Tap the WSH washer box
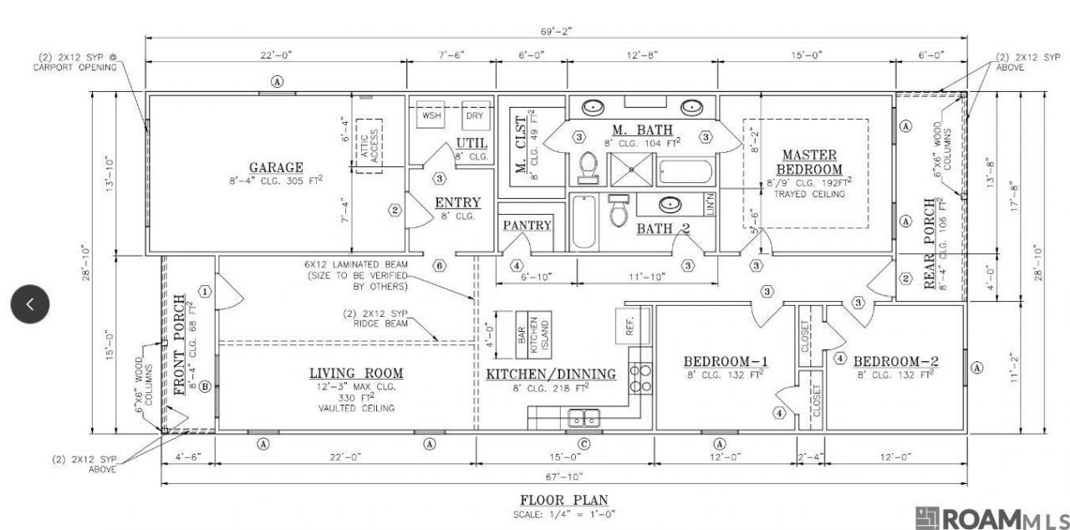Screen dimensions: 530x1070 coord(431,115)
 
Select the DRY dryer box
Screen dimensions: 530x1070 coord(475,115)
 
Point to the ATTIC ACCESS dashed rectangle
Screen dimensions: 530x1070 coord(369,145)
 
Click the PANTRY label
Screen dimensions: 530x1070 coord(527,226)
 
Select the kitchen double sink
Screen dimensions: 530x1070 coord(583,416)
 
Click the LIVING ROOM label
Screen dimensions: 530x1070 coord(356,373)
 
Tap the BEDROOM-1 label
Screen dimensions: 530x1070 coord(726,361)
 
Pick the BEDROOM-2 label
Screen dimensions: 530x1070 coord(895,361)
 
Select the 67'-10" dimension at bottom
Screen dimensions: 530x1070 coord(564,477)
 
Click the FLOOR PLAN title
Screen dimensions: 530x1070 coord(565,500)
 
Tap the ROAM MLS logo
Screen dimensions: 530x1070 coord(991,518)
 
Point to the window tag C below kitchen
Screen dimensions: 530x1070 coord(583,443)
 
